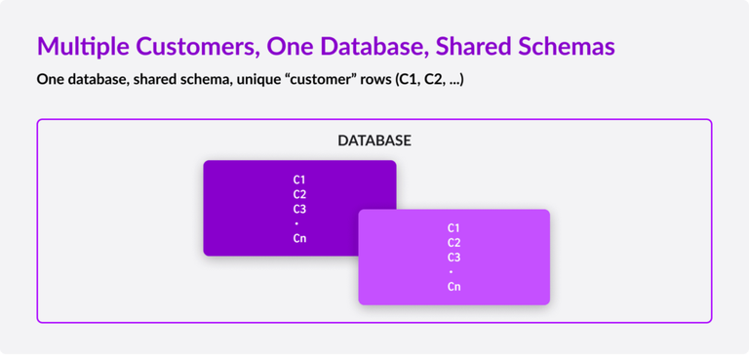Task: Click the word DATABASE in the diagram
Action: (x=374, y=140)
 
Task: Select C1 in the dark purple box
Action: (x=299, y=180)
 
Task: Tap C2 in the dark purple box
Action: (x=299, y=194)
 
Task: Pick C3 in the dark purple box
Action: (x=299, y=209)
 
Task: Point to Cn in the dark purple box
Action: (x=299, y=238)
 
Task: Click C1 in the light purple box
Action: (x=454, y=228)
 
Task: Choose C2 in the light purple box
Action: (x=454, y=243)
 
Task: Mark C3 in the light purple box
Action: (x=454, y=258)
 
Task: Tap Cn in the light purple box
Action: (x=454, y=287)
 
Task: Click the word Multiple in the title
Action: (x=81, y=47)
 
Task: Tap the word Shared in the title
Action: (x=472, y=47)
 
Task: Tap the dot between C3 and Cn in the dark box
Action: (x=299, y=223)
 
